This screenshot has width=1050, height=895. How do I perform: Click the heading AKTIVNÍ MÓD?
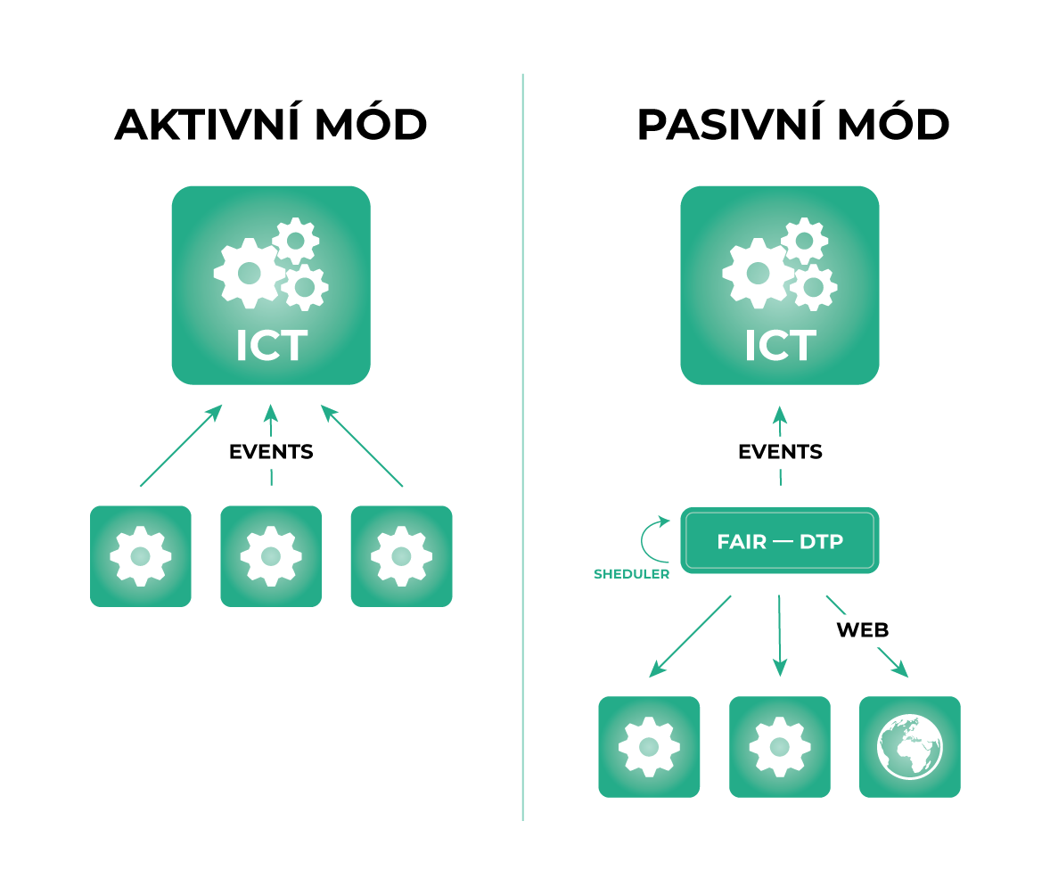coord(271,126)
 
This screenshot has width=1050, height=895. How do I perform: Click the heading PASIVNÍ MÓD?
coord(793,126)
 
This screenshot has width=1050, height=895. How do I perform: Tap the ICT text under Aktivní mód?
coord(271,346)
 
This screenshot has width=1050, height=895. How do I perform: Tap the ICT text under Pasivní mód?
coord(780,346)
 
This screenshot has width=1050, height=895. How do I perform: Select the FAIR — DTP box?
coord(780,540)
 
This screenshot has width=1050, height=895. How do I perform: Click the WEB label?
coord(862,630)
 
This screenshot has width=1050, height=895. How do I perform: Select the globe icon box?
coord(909,746)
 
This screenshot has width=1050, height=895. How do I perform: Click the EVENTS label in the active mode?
coord(271,452)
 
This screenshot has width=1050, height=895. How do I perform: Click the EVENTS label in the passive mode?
coord(780,452)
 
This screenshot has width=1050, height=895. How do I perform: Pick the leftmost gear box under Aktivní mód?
coord(141,556)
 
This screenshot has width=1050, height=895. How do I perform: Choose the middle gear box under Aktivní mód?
coord(271,556)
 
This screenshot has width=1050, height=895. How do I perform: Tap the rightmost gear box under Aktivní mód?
coord(401,556)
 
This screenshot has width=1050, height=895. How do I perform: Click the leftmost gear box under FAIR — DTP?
coord(649,746)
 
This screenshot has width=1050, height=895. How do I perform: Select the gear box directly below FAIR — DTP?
coord(780,746)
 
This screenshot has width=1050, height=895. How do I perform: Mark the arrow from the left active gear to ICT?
coord(180,446)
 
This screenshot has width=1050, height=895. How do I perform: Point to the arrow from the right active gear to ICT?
coord(362,446)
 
